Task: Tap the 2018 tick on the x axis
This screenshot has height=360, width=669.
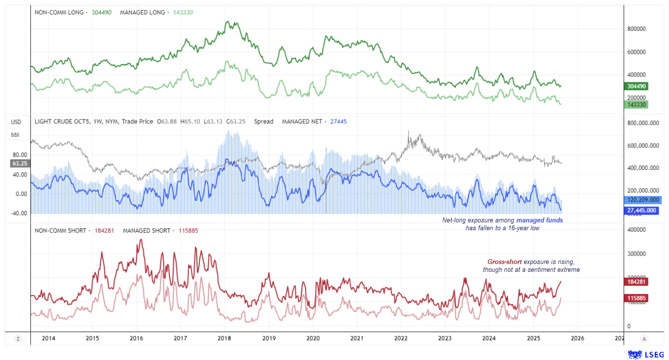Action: coord(224,338)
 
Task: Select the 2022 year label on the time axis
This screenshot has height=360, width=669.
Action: coord(401,338)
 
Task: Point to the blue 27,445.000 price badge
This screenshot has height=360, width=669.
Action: coord(642,211)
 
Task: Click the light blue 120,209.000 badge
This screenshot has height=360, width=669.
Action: coord(643,200)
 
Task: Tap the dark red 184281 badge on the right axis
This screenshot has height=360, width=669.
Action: coord(637,282)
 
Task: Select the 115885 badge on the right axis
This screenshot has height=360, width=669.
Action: coord(637,298)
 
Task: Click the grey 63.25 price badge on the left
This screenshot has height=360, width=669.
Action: coord(20,164)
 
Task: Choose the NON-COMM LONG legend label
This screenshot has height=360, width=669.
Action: coord(59,12)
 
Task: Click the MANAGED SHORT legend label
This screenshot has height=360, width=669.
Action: coord(146,230)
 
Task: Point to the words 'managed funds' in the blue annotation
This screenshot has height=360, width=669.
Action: coord(540,220)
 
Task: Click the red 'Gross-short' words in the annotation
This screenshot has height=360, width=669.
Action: coord(504,262)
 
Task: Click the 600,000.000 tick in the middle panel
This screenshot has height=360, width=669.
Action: coord(643,146)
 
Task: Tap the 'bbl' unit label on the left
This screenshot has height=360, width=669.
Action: coord(15,135)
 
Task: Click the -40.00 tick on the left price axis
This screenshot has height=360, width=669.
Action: coord(19,213)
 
